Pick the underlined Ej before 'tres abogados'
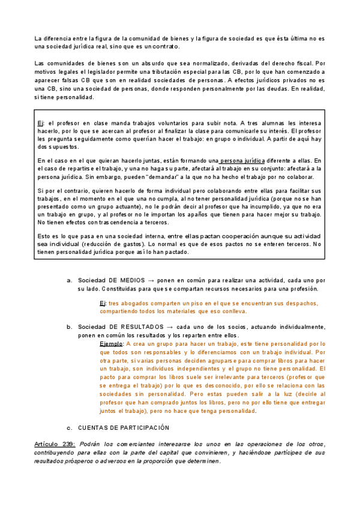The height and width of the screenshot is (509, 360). (x=103, y=304)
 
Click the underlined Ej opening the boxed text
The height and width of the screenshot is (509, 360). (x=40, y=122)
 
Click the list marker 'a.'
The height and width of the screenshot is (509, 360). (x=70, y=281)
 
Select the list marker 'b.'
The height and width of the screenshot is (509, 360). (x=70, y=327)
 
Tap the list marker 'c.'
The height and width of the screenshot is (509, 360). (x=70, y=428)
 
